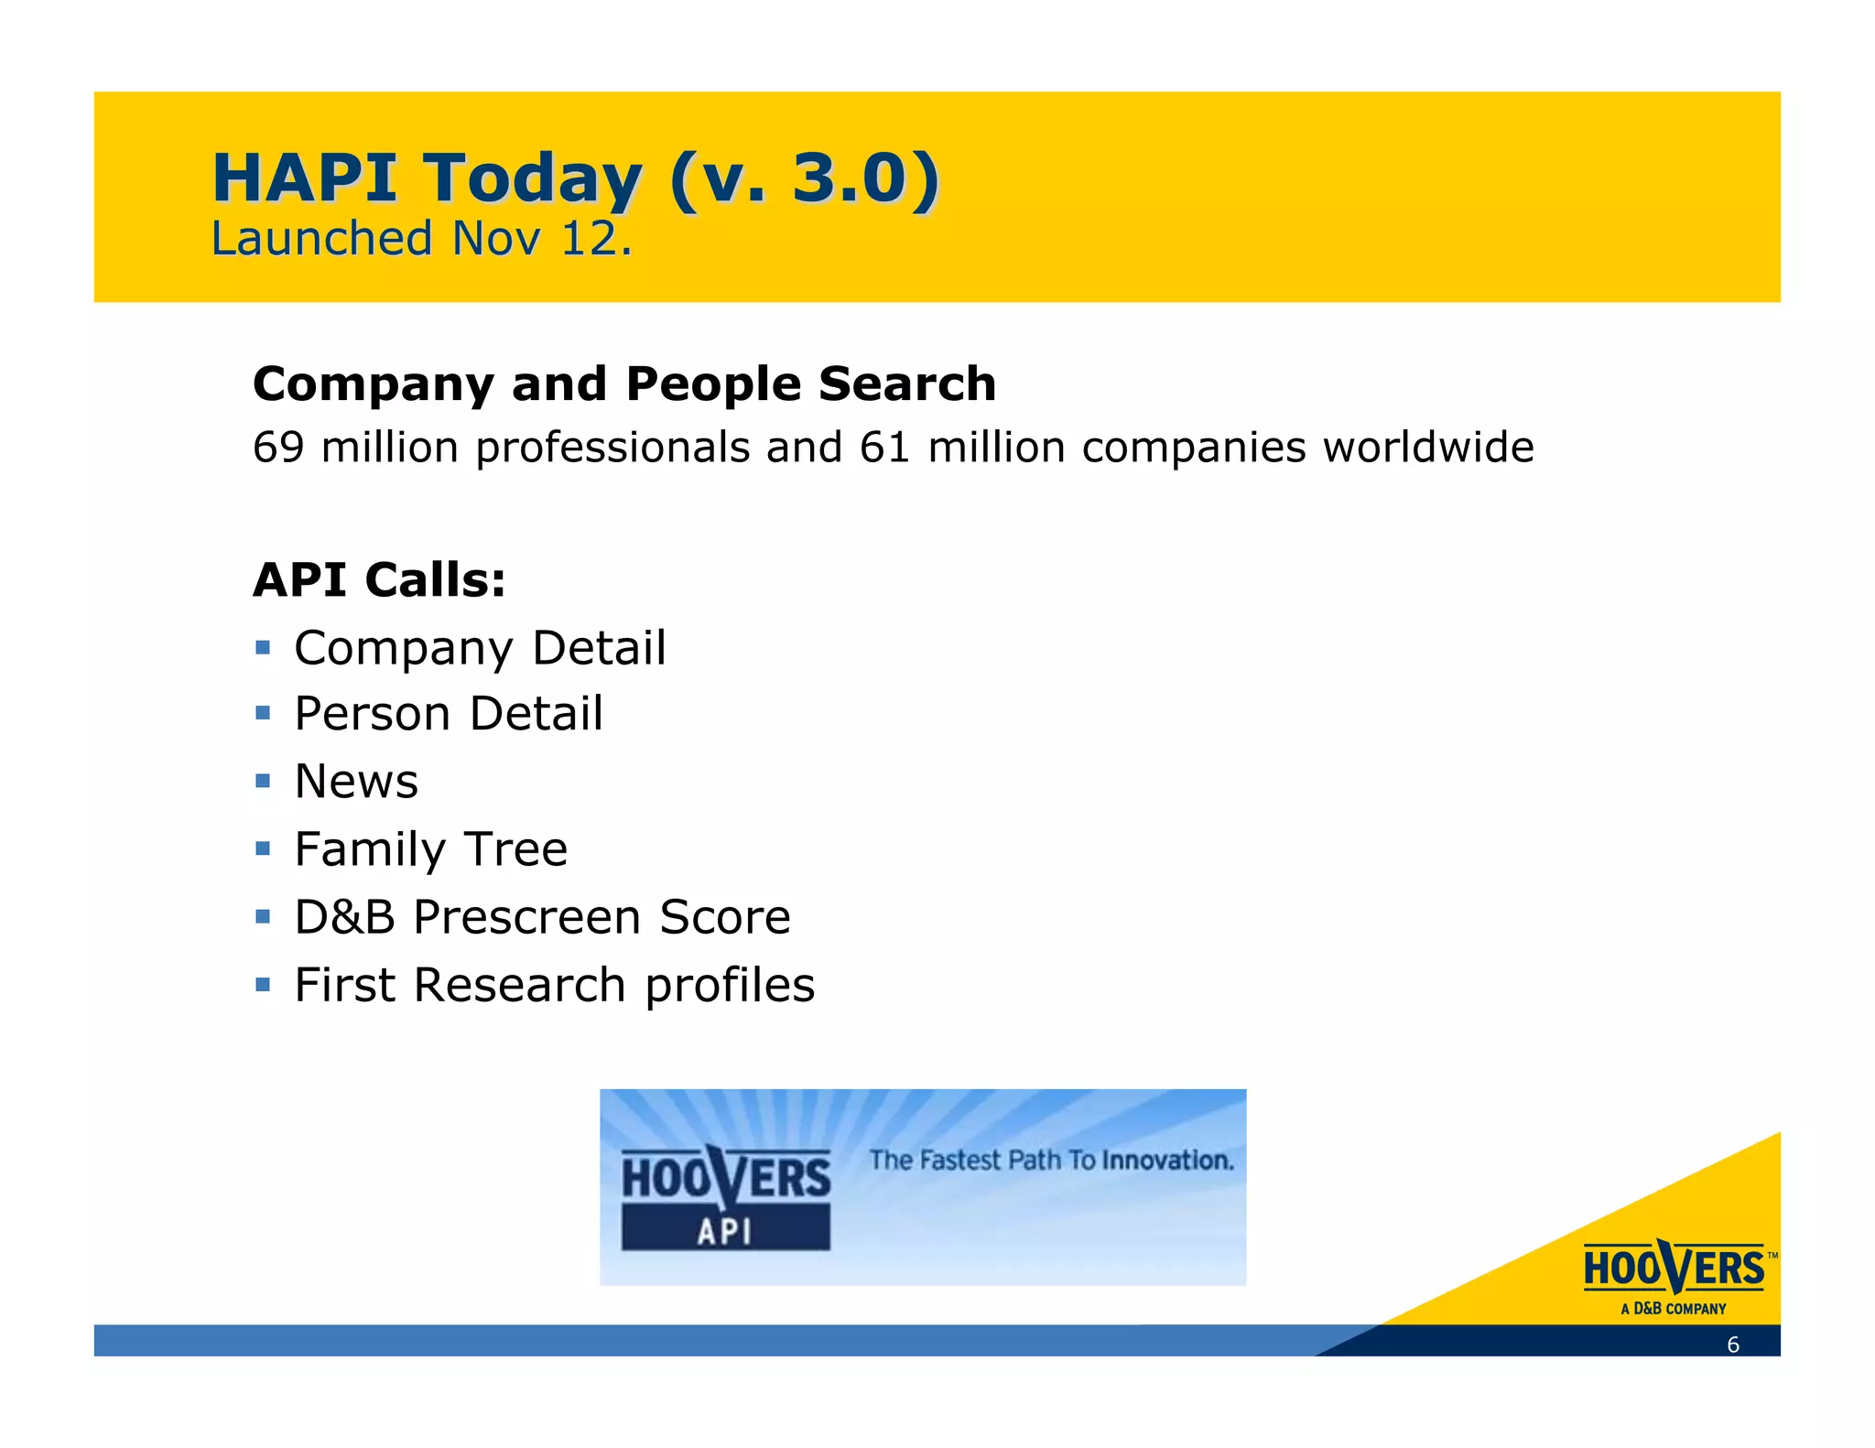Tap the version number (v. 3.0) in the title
coord(804,178)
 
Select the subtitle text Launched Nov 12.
coord(421,239)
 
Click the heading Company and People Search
coord(624,384)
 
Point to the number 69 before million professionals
coord(278,448)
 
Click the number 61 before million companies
coord(884,448)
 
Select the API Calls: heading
coord(379,580)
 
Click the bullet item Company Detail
coord(480,649)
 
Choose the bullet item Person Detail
coord(449,715)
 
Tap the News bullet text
coord(356,783)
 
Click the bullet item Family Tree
coord(430,849)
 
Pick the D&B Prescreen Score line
coord(542,917)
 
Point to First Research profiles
coord(554,986)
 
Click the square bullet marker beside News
coord(263,781)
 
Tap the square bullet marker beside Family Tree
coord(263,848)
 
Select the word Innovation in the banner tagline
coord(1167,1161)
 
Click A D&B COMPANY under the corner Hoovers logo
coord(1673,1309)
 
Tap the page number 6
coord(1732,1345)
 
